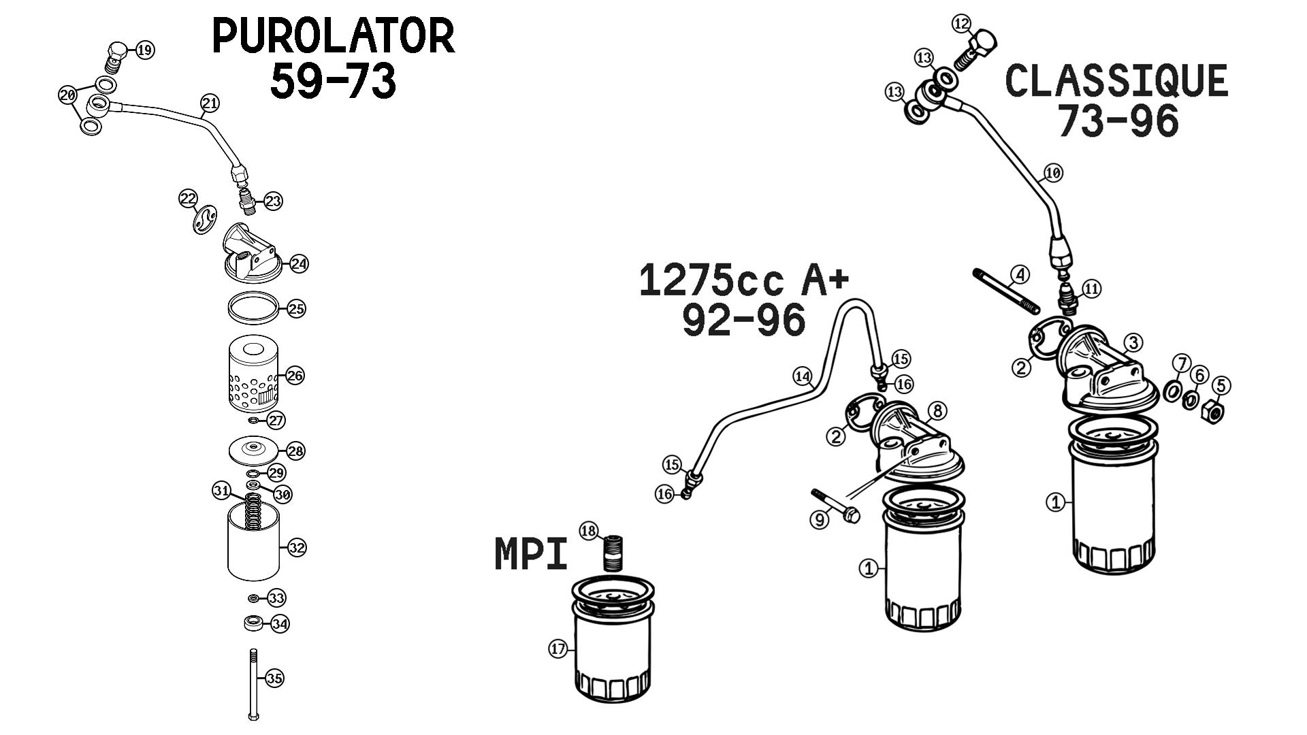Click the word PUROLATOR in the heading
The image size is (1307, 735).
(334, 36)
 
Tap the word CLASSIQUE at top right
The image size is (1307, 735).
(1116, 81)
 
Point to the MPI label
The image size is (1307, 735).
(531, 554)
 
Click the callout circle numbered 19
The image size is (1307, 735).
(145, 50)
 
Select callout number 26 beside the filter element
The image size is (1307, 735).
(295, 375)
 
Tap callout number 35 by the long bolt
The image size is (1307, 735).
(274, 678)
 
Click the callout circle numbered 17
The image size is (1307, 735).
(558, 649)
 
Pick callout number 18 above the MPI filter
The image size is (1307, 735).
(589, 530)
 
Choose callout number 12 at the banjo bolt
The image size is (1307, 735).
(961, 24)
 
